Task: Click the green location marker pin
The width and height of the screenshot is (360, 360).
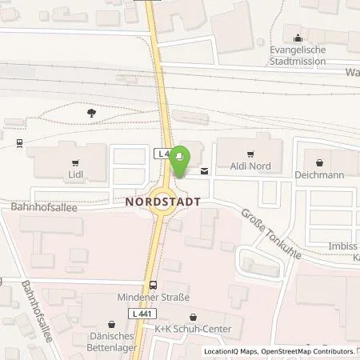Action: coord(180,159)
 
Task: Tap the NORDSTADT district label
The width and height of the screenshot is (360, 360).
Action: coord(162,203)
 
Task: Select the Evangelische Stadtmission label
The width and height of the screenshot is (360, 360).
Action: coord(298,53)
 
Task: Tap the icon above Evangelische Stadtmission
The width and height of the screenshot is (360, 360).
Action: coord(298,37)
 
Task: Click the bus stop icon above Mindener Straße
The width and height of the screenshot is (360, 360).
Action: coord(152,285)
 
